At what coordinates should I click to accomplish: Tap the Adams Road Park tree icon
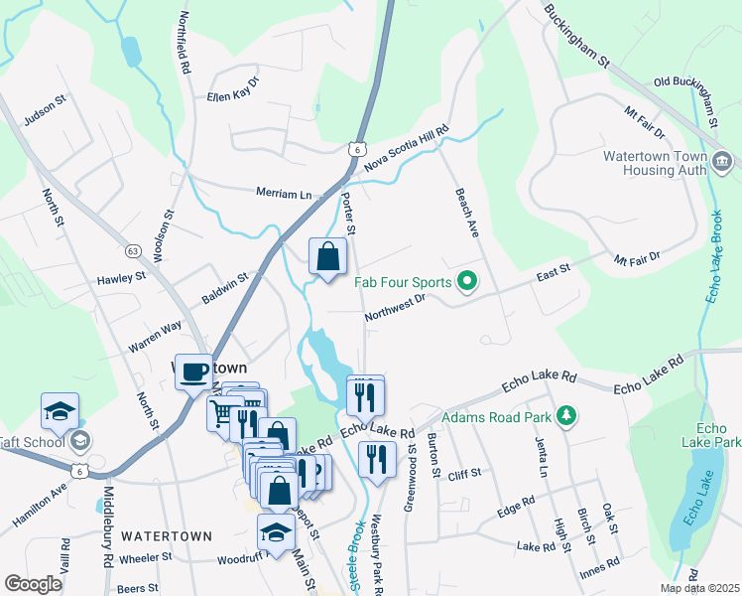(x=565, y=414)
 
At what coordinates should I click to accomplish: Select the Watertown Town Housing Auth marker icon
(x=721, y=160)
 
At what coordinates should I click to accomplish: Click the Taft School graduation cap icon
(x=60, y=410)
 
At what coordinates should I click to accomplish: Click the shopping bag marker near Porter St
(x=327, y=257)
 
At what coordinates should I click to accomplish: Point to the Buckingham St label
(x=575, y=36)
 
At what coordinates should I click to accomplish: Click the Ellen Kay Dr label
(x=232, y=86)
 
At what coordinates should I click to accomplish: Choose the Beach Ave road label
(x=466, y=213)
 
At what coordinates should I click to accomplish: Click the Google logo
(x=34, y=584)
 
